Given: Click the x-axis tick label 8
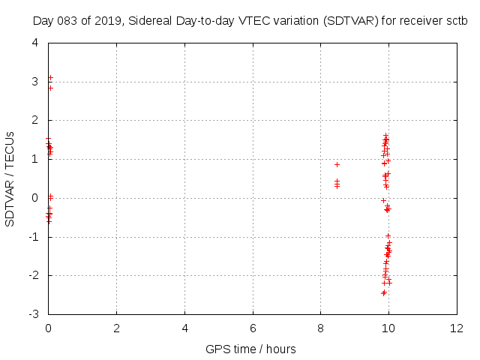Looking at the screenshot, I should point(321,328).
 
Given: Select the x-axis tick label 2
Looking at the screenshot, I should point(117,328).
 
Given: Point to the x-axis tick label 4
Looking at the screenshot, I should point(184,328).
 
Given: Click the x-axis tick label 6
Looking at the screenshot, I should point(253,328).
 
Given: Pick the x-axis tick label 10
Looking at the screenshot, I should point(388,328).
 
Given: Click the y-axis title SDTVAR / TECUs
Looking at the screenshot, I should point(10,178).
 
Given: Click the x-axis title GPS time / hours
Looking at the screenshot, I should point(250,349).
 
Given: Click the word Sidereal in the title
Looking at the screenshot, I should point(149,22).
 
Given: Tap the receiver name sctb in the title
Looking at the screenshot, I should point(455,22).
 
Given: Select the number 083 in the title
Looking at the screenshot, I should point(68,22).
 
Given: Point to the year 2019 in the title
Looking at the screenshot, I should point(106,22).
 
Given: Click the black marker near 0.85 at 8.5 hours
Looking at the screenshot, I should point(337,164).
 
